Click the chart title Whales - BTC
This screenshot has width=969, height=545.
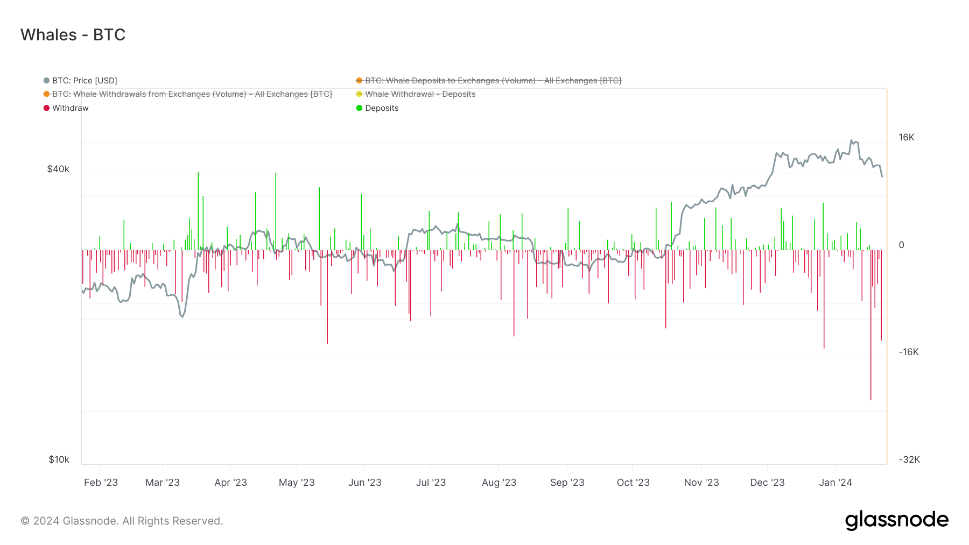click(73, 35)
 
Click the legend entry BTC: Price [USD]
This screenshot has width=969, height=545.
click(84, 81)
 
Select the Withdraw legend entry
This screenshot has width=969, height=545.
click(70, 108)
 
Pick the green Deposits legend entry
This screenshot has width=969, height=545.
click(381, 108)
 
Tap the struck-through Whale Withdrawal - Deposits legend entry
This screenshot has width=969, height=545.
click(420, 94)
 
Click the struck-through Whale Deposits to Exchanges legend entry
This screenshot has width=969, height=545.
click(493, 81)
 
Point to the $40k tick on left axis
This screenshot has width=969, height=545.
click(58, 169)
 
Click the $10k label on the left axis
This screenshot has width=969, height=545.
click(59, 459)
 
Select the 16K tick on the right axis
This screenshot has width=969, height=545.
click(907, 138)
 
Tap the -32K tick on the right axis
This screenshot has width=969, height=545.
click(909, 459)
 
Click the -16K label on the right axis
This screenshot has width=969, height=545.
click(909, 352)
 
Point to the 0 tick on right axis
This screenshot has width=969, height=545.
click(902, 245)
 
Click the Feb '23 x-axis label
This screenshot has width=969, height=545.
click(101, 483)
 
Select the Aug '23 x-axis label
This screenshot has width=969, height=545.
click(499, 483)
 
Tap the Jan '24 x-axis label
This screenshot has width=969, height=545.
click(835, 483)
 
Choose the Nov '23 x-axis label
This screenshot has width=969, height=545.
click(701, 483)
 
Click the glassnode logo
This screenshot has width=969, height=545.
click(896, 520)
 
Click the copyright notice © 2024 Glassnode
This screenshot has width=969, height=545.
click(122, 521)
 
